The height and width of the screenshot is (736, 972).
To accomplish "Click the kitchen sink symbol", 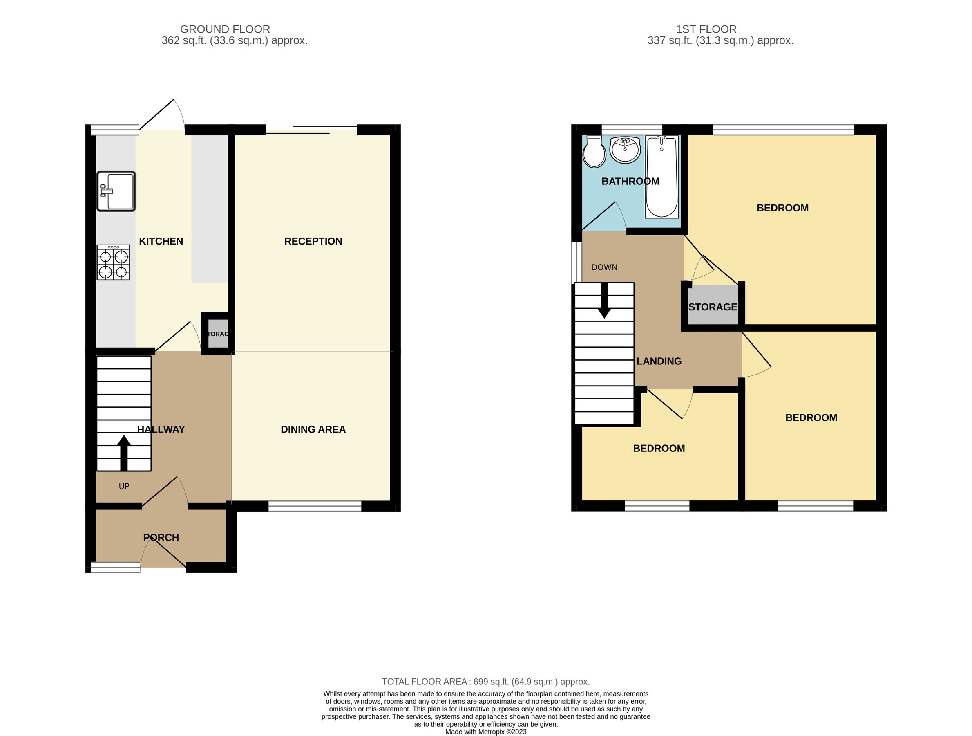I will tap(116, 191).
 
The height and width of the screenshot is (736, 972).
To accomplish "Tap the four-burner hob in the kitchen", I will tap(113, 263).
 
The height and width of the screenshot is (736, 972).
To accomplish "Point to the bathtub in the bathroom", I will tap(661, 177).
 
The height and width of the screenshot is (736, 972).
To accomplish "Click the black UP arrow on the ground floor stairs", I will tap(124, 453).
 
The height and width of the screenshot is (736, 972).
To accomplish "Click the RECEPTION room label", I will tap(313, 241).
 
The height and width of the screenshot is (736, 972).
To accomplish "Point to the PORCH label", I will tap(161, 538).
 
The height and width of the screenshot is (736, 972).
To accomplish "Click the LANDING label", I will tap(659, 361).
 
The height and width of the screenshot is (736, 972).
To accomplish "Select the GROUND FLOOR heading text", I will tap(225, 29).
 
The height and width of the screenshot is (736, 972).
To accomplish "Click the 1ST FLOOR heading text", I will tap(706, 29).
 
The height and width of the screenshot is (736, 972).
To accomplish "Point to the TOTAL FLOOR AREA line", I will tap(485, 682).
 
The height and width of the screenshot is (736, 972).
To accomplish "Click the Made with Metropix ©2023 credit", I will tap(485, 732).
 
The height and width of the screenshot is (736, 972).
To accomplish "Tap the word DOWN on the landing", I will tap(604, 267).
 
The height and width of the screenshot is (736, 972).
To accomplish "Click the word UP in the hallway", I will tap(124, 486).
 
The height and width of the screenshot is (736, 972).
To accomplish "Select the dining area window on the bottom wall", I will tap(315, 507).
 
